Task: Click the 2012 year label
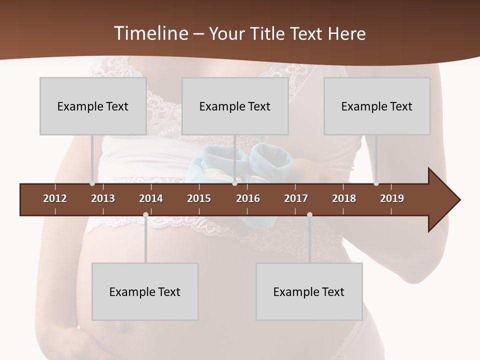(x=55, y=198)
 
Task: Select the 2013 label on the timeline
(x=103, y=198)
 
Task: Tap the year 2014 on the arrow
(x=151, y=198)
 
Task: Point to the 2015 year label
(x=199, y=198)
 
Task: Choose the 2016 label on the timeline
(x=248, y=198)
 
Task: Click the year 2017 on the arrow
(x=296, y=198)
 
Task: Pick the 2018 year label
(x=344, y=198)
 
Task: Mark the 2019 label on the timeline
(x=392, y=198)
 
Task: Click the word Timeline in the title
(x=150, y=33)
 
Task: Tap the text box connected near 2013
(x=93, y=106)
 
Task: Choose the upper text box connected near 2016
(x=235, y=106)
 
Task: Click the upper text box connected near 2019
(x=377, y=106)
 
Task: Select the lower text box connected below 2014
(x=145, y=291)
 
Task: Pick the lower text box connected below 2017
(x=309, y=291)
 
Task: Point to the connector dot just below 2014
(x=145, y=214)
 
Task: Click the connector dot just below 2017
(x=309, y=214)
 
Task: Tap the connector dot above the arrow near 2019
(x=376, y=183)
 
